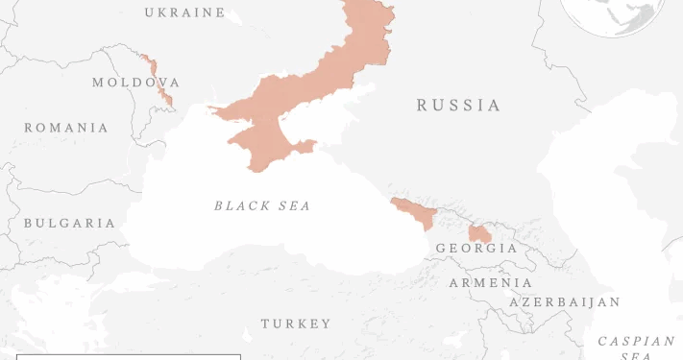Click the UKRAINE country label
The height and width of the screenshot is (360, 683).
pos(184,12)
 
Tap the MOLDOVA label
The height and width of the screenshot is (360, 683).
pos(135,83)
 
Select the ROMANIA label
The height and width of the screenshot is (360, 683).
pos(66,128)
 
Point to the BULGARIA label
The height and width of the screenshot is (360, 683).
pos(69,223)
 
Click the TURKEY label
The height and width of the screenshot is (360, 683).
pos(296,324)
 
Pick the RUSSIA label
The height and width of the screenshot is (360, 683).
pos(458,106)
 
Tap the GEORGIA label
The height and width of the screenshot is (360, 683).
pos(476,249)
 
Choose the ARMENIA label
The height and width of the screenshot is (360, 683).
pos(491,283)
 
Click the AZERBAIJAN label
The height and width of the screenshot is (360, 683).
pos(565,302)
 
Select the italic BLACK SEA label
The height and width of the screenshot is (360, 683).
pos(262,205)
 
